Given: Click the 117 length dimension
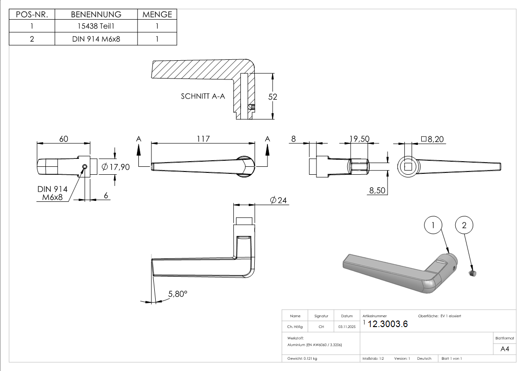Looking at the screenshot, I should (x=203, y=139).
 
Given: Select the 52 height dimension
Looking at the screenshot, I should (x=273, y=97).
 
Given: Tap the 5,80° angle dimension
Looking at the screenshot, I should (x=178, y=294).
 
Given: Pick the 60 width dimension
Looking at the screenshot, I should (x=64, y=139).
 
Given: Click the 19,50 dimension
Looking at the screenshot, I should (x=360, y=139).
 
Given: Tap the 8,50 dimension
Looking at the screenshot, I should (x=378, y=190).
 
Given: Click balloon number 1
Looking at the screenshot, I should (x=433, y=226).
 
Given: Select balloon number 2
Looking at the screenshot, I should (x=464, y=226).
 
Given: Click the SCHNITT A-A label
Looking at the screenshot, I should (x=203, y=97).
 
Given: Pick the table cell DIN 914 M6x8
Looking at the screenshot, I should (x=96, y=39).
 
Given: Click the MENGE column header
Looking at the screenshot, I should (x=157, y=14).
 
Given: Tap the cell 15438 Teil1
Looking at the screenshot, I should (x=96, y=27).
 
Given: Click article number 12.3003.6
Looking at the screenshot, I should (x=388, y=324).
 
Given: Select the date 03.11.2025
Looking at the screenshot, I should (x=347, y=327).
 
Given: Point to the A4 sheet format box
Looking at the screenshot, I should (x=504, y=349).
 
